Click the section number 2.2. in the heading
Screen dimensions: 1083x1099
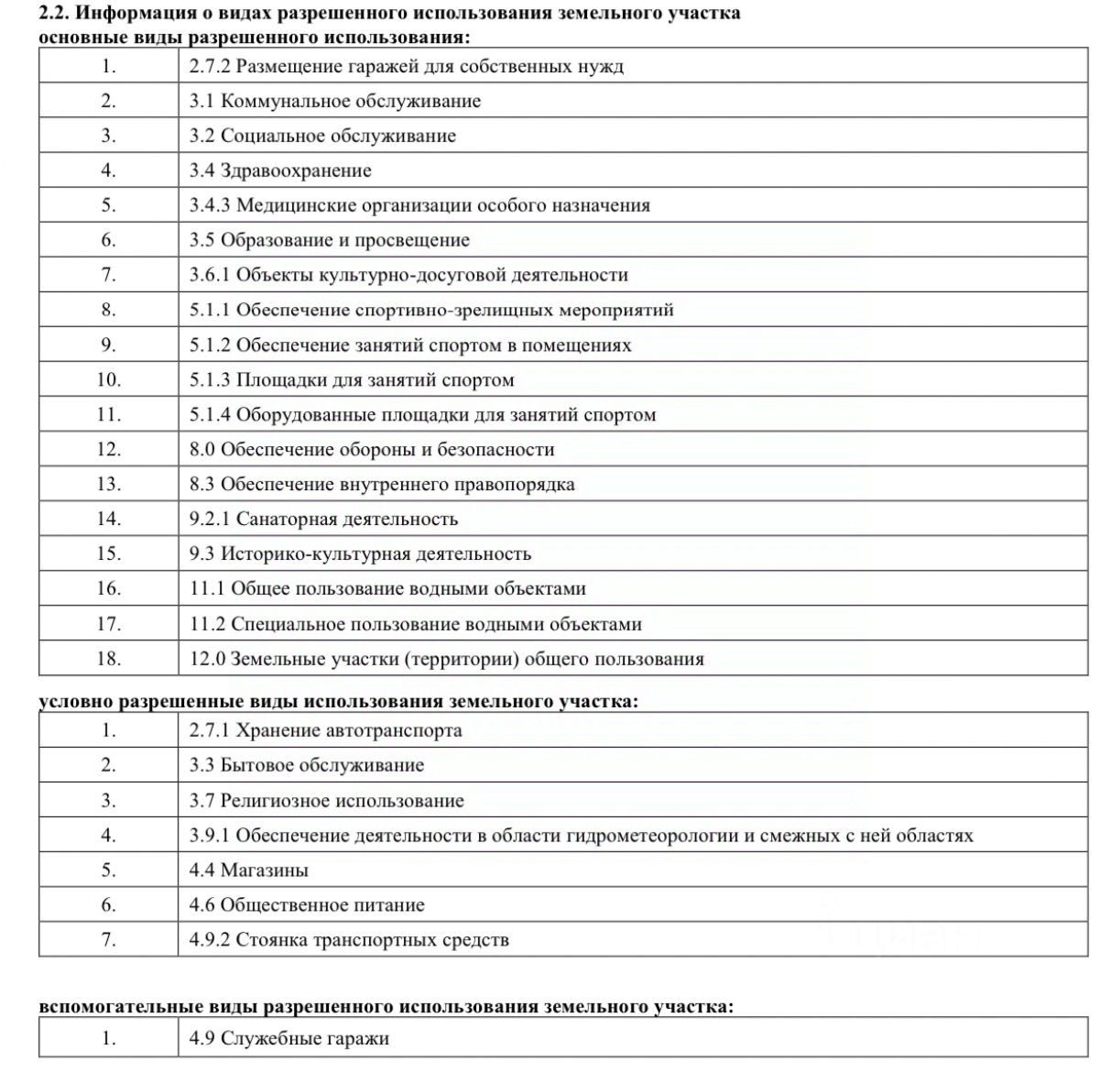[x=55, y=14]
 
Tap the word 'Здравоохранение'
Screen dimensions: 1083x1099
[x=296, y=170]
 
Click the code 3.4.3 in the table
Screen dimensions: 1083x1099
[x=210, y=205]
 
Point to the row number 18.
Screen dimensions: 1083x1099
[x=108, y=659]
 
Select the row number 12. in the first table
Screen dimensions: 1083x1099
[x=108, y=449]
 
